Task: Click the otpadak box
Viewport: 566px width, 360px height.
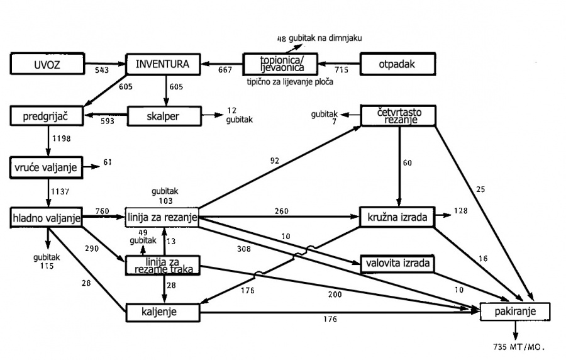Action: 397,64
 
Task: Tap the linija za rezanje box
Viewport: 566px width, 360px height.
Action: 162,218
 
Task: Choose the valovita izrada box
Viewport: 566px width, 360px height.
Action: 397,263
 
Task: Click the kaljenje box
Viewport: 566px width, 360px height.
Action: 162,312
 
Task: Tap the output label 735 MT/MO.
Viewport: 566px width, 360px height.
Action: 519,347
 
